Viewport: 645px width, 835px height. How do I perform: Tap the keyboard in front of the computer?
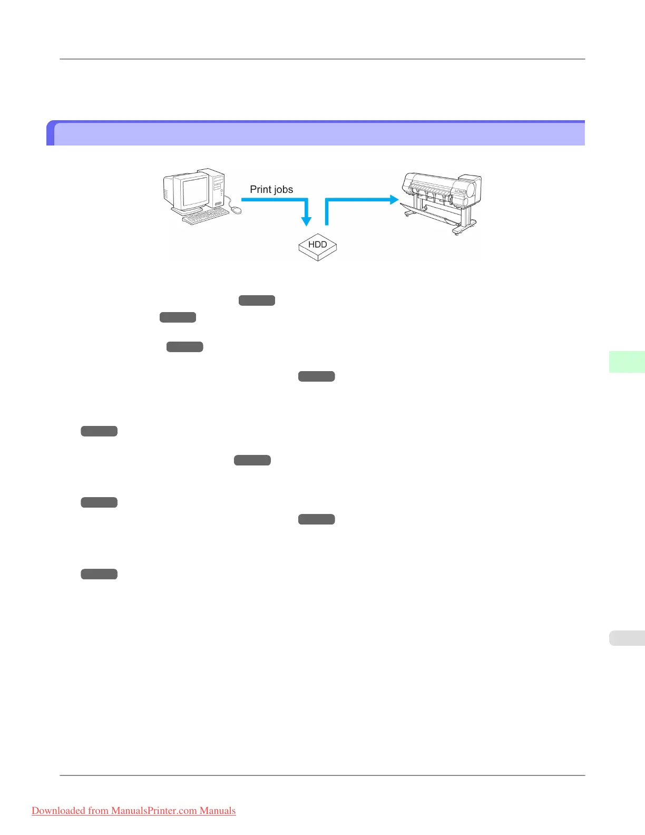click(206, 216)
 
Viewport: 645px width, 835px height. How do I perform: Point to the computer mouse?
click(237, 210)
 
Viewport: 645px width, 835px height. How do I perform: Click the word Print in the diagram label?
click(260, 189)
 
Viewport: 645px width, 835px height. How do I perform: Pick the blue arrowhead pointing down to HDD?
click(306, 221)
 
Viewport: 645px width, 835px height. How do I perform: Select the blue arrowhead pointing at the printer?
click(393, 199)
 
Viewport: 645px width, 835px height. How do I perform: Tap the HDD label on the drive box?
click(317, 245)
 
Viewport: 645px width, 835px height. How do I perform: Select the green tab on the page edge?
click(627, 362)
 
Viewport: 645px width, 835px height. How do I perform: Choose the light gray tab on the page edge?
click(627, 638)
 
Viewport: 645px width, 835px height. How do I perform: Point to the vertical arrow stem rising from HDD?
click(327, 213)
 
